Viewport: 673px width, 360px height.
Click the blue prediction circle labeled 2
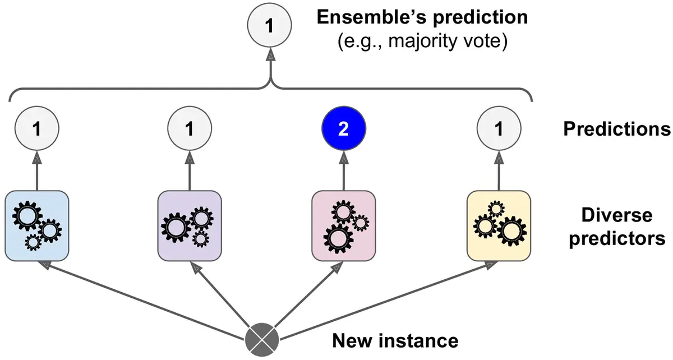pyautogui.click(x=343, y=130)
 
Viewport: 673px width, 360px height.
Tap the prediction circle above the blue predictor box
pyautogui.click(x=37, y=130)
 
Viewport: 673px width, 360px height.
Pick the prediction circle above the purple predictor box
pyautogui.click(x=190, y=130)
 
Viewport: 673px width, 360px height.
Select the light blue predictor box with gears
pyautogui.click(x=37, y=225)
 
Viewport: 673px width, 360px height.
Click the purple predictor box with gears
pyautogui.click(x=190, y=225)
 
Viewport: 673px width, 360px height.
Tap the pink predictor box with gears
pyautogui.click(x=343, y=225)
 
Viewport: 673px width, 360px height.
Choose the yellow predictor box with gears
pyautogui.click(x=499, y=225)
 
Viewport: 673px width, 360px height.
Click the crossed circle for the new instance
pyautogui.click(x=262, y=340)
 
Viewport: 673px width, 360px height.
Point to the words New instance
pyautogui.click(x=395, y=340)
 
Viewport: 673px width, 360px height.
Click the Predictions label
pyautogui.click(x=617, y=130)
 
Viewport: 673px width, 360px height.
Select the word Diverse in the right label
pyautogui.click(x=617, y=216)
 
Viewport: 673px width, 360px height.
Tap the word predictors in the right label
pyautogui.click(x=617, y=238)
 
